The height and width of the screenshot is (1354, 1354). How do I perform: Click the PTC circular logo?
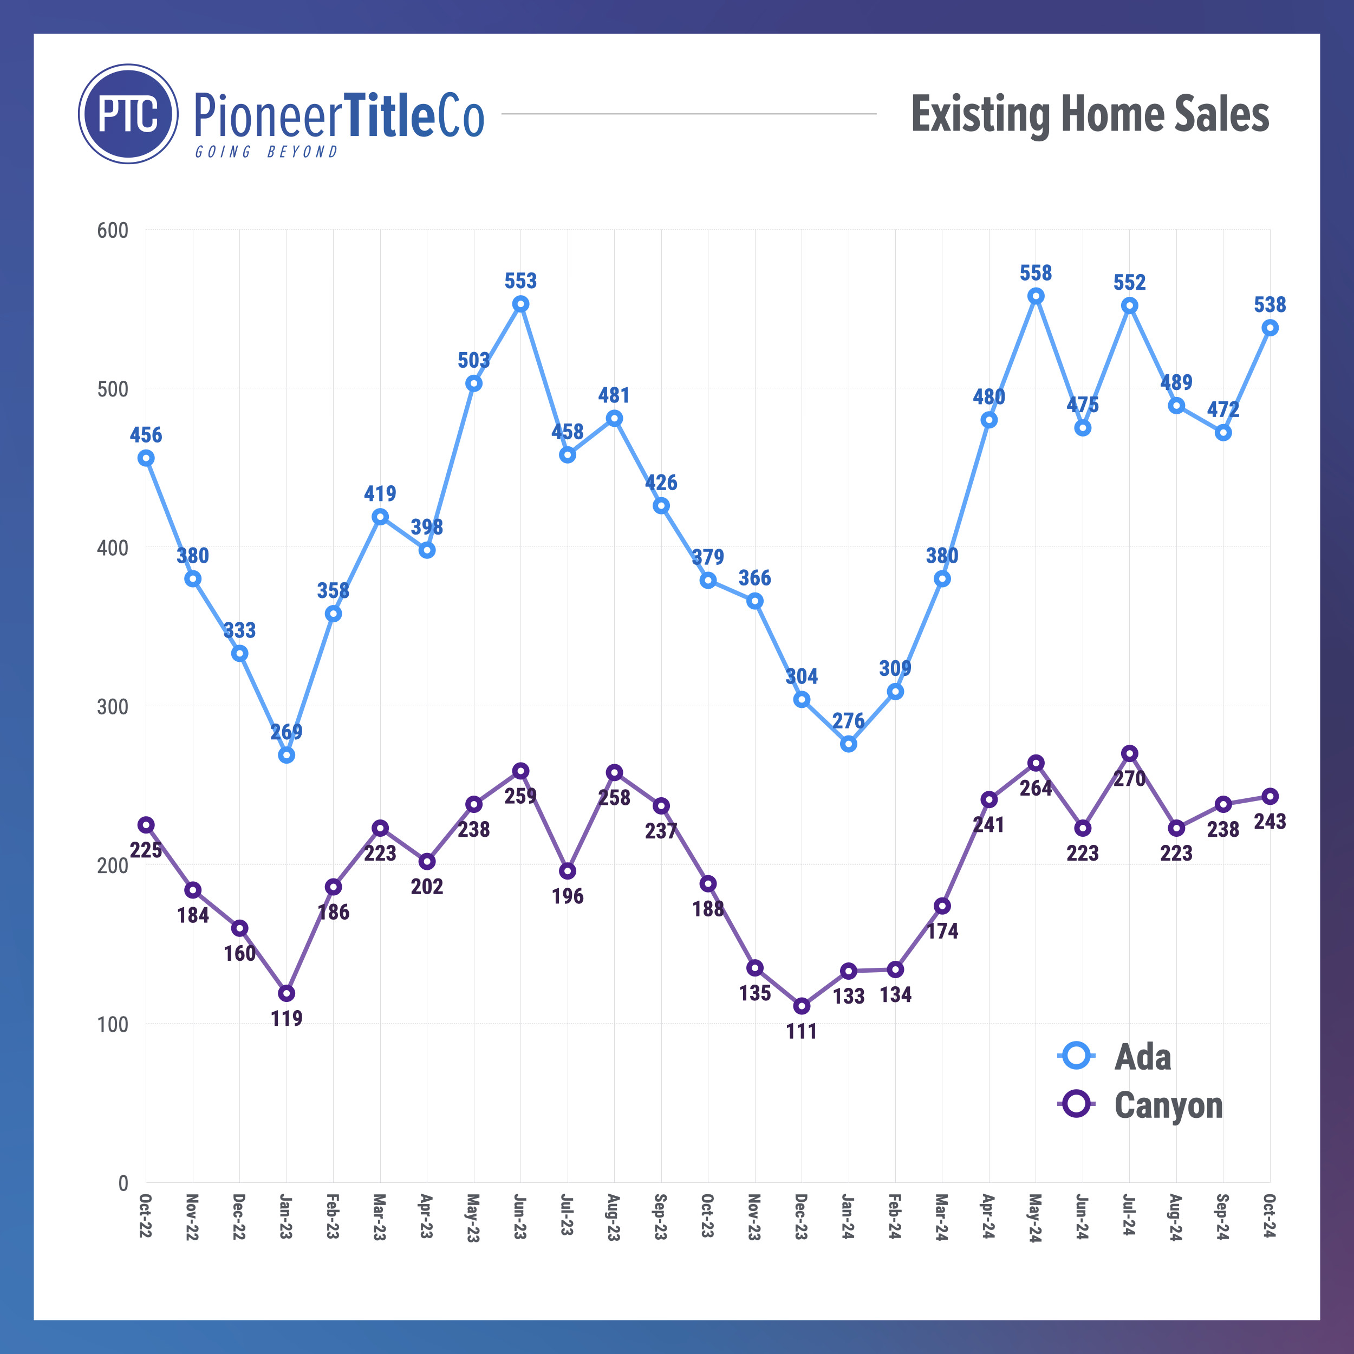pos(128,114)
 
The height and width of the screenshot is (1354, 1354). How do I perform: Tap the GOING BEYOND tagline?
pos(266,152)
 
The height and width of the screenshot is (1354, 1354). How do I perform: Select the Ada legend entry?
pos(1142,1057)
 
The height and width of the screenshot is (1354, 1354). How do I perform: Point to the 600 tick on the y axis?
pos(113,231)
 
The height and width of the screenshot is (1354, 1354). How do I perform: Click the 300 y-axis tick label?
pos(113,706)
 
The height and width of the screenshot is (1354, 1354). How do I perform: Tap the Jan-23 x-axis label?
pos(285,1216)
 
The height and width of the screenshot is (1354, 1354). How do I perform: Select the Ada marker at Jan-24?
pos(848,744)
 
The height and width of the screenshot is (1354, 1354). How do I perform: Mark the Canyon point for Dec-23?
pos(802,1006)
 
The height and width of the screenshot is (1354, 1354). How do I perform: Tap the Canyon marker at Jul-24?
pos(1129,753)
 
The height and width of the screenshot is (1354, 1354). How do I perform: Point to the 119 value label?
pos(287,1018)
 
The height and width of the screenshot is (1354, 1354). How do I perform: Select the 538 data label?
pos(1269,305)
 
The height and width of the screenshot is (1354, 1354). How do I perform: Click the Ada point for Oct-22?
pos(146,458)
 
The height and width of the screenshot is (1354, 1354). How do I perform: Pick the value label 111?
pos(802,1031)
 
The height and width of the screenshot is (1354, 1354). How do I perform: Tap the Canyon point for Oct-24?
pos(1269,796)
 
